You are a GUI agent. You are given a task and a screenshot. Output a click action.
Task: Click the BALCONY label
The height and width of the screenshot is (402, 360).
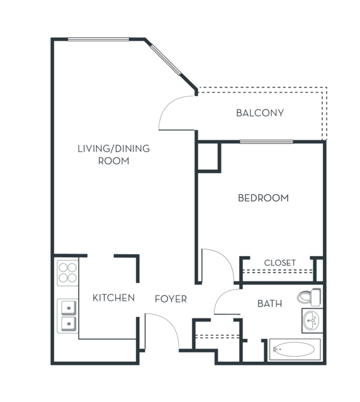[260, 113]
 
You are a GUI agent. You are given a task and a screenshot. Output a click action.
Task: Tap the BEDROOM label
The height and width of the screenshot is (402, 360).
[263, 198]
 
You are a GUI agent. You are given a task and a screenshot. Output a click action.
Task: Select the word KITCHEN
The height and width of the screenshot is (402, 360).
[113, 298]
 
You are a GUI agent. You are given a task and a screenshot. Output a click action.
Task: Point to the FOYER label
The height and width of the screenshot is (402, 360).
[171, 299]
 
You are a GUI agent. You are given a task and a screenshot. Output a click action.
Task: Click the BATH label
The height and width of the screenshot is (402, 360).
[269, 304]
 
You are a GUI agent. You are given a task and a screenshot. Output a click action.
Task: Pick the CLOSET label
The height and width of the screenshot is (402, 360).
[279, 263]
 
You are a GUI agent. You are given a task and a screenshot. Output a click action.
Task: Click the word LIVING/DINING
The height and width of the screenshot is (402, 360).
[113, 148]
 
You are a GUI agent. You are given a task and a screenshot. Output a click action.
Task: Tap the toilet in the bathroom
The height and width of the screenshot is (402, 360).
[309, 297]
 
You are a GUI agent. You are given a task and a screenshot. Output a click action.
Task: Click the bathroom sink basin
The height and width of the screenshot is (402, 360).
[311, 320]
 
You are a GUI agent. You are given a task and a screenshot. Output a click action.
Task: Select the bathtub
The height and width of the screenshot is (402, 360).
[295, 349]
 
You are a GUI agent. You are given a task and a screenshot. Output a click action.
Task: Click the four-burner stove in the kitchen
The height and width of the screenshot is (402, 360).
[68, 273]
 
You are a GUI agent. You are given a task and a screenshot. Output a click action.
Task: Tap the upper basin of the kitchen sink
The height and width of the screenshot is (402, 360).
[69, 308]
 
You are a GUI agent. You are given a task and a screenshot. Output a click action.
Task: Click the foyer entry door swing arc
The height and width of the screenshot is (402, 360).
[169, 323]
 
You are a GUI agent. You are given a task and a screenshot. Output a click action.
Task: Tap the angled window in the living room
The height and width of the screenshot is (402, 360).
[166, 60]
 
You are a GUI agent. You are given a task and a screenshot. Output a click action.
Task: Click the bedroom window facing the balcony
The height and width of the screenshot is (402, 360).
[266, 142]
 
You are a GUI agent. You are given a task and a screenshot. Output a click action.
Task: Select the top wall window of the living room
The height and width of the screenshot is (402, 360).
[98, 39]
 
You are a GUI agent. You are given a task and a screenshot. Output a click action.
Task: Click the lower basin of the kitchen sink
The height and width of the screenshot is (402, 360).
[69, 323]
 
